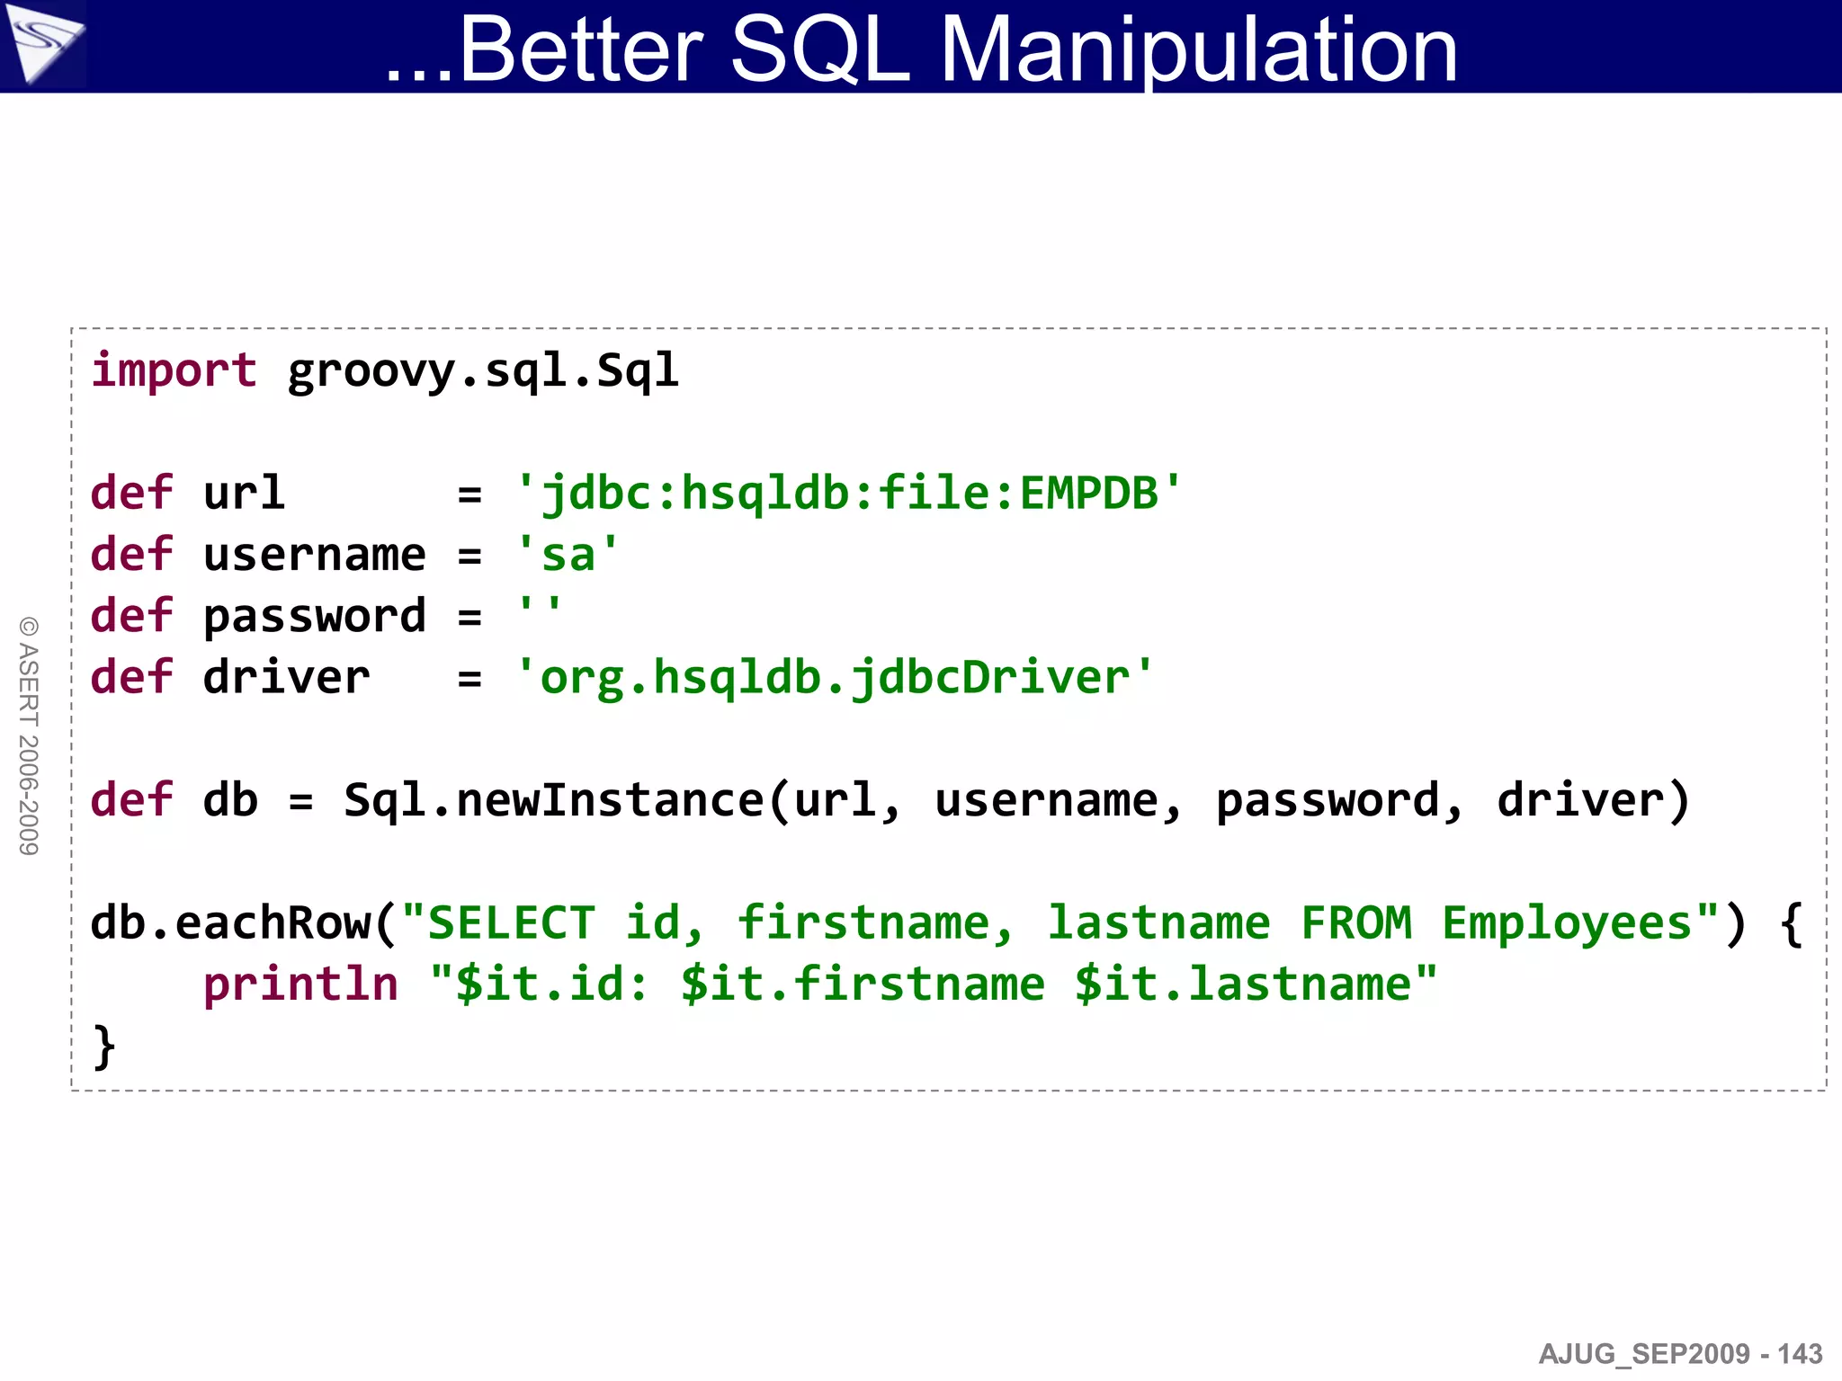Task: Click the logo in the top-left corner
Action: click(42, 45)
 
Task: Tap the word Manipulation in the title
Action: click(1198, 52)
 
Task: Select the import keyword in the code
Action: click(174, 370)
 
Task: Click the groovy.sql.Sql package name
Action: click(483, 370)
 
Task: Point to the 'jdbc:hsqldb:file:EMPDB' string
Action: click(849, 494)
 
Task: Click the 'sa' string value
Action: click(568, 555)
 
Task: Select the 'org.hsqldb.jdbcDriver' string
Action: click(835, 677)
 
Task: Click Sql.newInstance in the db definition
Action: click(553, 800)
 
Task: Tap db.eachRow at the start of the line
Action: click(230, 923)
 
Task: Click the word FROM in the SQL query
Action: click(1356, 923)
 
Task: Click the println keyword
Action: click(300, 985)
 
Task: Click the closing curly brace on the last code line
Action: click(104, 1047)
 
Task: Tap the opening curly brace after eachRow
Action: click(1791, 923)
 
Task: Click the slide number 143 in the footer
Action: click(1800, 1354)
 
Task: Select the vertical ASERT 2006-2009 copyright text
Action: click(29, 735)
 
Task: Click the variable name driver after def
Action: click(286, 677)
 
